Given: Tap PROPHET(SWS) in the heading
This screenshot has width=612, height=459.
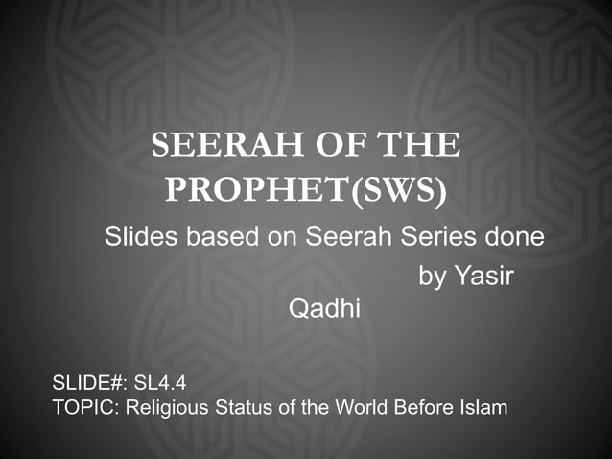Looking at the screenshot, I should pos(305,190).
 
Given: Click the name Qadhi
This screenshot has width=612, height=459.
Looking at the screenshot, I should pos(318,310).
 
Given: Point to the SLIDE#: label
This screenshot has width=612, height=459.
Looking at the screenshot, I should pos(89,386).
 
